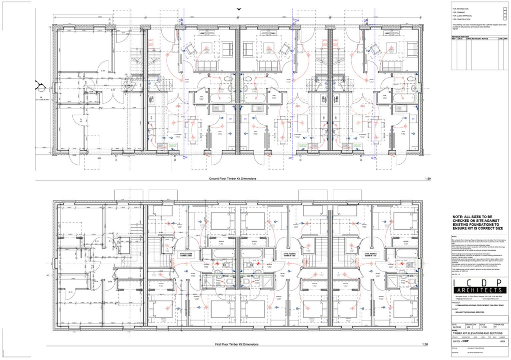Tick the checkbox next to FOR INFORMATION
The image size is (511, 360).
(x=505, y=9)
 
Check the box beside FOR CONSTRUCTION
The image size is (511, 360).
(x=505, y=19)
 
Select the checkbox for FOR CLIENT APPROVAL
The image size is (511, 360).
(x=505, y=15)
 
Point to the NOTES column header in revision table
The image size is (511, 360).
(x=486, y=38)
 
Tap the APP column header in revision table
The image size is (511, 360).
(x=506, y=38)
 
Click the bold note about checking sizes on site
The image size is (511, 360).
(x=479, y=221)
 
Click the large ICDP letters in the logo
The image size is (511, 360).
(x=478, y=283)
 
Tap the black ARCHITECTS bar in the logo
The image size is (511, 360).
(x=478, y=290)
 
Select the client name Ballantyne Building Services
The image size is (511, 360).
(x=471, y=311)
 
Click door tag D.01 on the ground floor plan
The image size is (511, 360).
(x=124, y=33)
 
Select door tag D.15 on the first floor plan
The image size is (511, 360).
(x=70, y=292)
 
